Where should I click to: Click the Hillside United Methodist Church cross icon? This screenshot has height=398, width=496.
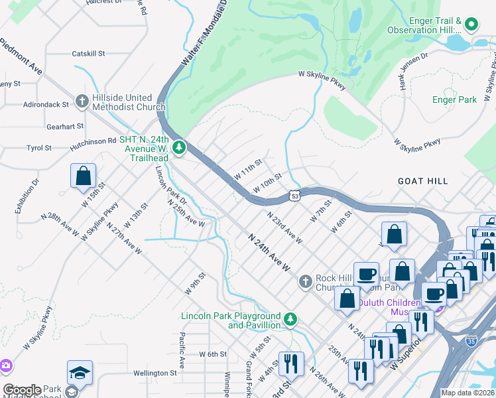(x=82, y=101)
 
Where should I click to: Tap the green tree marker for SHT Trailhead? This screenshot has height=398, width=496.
(x=178, y=147)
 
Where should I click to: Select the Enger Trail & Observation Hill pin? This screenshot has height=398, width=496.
(x=471, y=25)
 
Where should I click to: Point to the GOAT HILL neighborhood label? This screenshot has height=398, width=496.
(x=422, y=180)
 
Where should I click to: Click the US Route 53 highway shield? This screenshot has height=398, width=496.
(x=295, y=196)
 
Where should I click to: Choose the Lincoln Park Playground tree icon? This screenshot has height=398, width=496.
(x=290, y=320)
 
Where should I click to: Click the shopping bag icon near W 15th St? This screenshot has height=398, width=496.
(x=84, y=176)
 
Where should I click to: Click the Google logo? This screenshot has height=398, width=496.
(x=22, y=390)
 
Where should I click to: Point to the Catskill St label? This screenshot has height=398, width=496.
(x=88, y=53)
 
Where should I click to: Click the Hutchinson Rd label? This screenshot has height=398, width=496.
(x=93, y=141)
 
